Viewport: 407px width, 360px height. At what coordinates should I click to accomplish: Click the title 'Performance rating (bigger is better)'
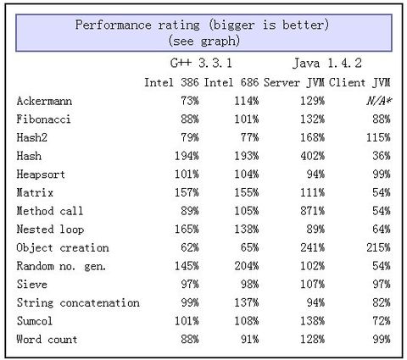click(203, 25)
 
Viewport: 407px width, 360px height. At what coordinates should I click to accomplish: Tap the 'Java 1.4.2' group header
click(328, 64)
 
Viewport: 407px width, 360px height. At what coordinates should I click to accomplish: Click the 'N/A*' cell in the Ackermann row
click(376, 101)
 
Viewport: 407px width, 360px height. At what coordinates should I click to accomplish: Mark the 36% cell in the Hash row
click(380, 156)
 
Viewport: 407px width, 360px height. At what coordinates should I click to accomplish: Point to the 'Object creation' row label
click(63, 247)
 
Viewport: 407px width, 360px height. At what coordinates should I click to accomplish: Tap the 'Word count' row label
click(47, 339)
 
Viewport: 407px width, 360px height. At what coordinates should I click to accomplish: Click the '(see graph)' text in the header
click(203, 39)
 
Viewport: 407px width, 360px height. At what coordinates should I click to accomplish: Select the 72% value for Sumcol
click(380, 321)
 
